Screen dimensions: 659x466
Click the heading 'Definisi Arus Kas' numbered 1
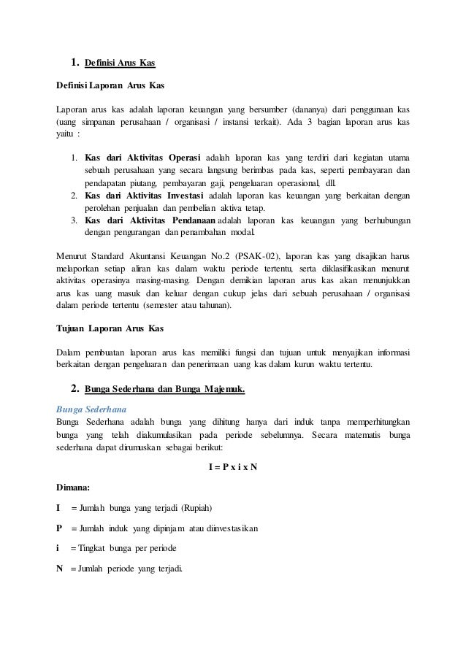click(120, 60)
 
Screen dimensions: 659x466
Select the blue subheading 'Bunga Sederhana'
click(87, 409)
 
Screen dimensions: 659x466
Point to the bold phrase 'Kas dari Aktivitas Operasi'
click(144, 158)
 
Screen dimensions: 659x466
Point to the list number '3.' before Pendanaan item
click(75, 220)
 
